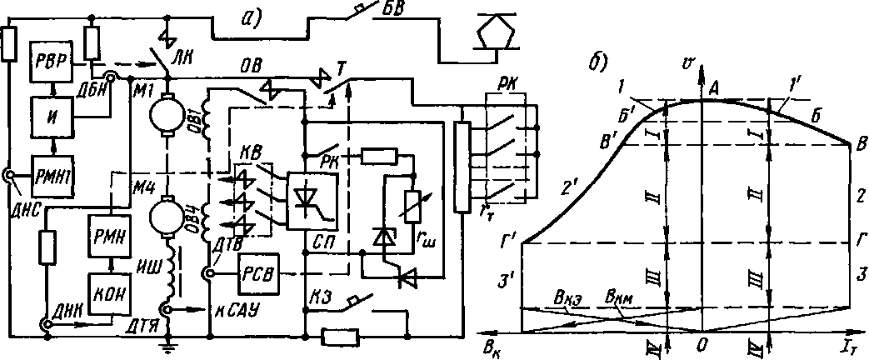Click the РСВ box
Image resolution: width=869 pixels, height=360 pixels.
(x=259, y=273)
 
